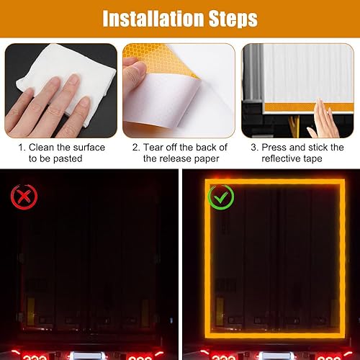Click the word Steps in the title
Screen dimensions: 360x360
pos(233,19)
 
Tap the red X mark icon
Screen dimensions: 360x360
pos(24,197)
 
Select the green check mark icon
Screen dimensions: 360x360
pos(221,197)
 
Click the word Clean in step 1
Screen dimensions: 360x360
pos(42,148)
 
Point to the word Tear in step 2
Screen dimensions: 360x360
pos(153,148)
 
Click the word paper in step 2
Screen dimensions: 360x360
pos(207,159)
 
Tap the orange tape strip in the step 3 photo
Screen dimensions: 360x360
pos(309,107)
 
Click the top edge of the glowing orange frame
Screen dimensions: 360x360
pos(275,182)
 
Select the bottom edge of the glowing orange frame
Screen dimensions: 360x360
pos(275,336)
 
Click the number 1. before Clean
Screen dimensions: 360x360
pos(22,148)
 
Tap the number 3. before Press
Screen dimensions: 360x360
pos(255,148)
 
